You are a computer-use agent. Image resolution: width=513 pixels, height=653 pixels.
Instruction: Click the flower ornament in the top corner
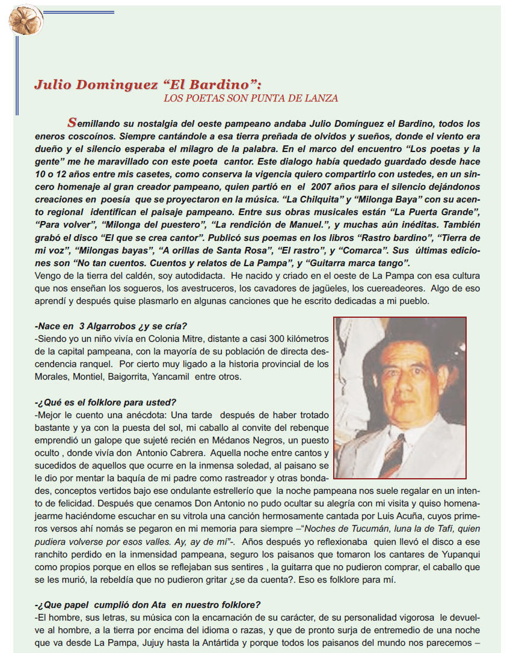(x=25, y=19)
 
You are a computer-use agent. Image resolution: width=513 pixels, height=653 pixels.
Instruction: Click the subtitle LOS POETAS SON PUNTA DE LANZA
(x=251, y=98)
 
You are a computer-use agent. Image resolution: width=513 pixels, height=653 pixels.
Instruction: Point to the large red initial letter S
(x=72, y=123)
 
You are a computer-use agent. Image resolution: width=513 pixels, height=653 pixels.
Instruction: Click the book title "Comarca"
(x=343, y=251)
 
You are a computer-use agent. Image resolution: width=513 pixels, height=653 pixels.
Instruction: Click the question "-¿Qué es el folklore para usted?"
(x=105, y=402)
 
